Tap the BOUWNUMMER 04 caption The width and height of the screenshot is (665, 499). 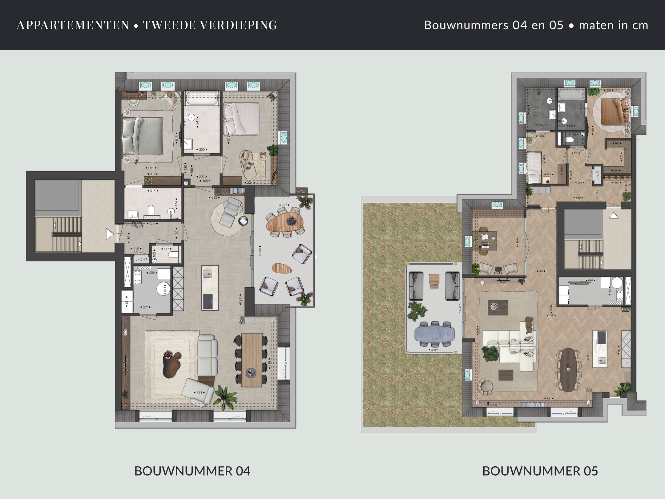click(192, 471)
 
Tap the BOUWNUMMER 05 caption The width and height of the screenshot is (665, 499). click(540, 471)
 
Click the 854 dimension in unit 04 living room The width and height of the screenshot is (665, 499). click(199, 393)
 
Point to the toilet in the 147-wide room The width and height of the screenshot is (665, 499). click(173, 255)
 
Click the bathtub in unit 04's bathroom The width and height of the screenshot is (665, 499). click(202, 99)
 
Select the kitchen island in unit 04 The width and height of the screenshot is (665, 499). click(210, 287)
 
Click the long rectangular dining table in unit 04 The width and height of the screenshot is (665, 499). click(252, 359)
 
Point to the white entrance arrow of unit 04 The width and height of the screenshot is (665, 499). click(109, 234)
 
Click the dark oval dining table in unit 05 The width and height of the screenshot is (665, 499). click(568, 370)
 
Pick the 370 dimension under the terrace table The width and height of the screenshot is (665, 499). click(433, 350)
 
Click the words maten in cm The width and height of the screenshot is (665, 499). click(613, 25)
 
